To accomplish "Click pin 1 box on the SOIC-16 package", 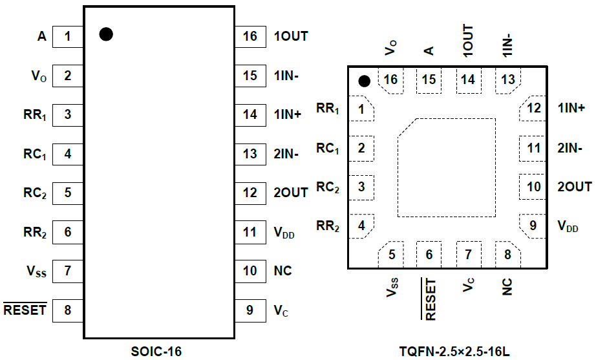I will click(67, 37).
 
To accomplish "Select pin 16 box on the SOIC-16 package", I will click(250, 37).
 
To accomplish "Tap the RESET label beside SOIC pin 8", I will click(25, 310).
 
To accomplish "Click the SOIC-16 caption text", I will click(156, 352).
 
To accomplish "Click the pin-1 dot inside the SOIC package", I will click(107, 35).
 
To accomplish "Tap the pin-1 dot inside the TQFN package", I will click(365, 81).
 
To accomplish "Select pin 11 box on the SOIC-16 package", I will click(250, 232).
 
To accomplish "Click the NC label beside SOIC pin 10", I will click(282, 271).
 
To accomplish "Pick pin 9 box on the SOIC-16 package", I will click(250, 310).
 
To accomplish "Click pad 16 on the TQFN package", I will click(390, 80).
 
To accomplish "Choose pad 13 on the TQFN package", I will click(508, 80).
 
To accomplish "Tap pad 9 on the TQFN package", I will click(533, 226).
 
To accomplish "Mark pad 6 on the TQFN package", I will click(429, 254).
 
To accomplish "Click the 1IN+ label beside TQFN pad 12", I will click(571, 109).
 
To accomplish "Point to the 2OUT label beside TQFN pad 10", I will click(574, 187).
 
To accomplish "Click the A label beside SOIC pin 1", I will click(42, 37).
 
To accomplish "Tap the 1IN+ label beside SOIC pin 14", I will click(288, 115).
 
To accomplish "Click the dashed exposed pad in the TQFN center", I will click(447, 167).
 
